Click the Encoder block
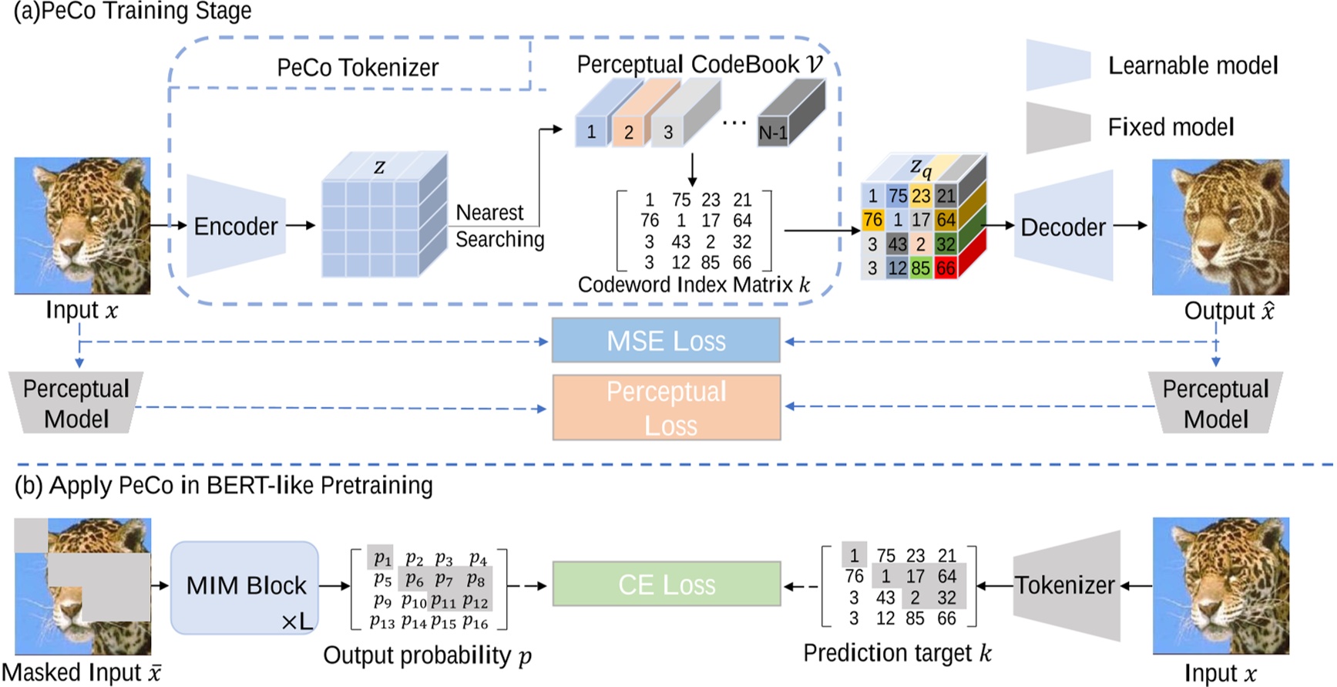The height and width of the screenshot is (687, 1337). pyautogui.click(x=236, y=226)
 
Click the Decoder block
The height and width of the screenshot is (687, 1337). pyautogui.click(x=1063, y=227)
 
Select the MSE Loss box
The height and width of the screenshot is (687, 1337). pyautogui.click(x=666, y=341)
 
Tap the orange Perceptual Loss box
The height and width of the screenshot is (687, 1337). pyautogui.click(x=666, y=408)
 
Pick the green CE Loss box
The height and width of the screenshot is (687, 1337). pyautogui.click(x=666, y=584)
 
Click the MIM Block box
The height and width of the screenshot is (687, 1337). pyautogui.click(x=245, y=587)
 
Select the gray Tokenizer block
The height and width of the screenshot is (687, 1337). pyautogui.click(x=1066, y=585)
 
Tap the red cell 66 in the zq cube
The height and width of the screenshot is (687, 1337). pyautogui.click(x=946, y=268)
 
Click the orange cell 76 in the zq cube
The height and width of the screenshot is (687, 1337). pyautogui.click(x=872, y=220)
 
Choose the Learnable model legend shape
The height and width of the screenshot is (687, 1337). pyautogui.click(x=1058, y=66)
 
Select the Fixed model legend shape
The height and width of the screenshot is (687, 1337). pyautogui.click(x=1058, y=127)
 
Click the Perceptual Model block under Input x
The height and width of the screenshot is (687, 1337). pyautogui.click(x=76, y=403)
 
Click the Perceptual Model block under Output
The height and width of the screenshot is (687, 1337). pyautogui.click(x=1215, y=403)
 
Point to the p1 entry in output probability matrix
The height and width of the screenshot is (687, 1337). pyautogui.click(x=381, y=557)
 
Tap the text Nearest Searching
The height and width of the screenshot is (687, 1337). pyautogui.click(x=499, y=226)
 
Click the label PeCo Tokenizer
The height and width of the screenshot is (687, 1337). pyautogui.click(x=358, y=68)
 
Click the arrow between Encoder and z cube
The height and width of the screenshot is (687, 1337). pyautogui.click(x=301, y=226)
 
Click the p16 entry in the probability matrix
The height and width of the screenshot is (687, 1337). pyautogui.click(x=475, y=622)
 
